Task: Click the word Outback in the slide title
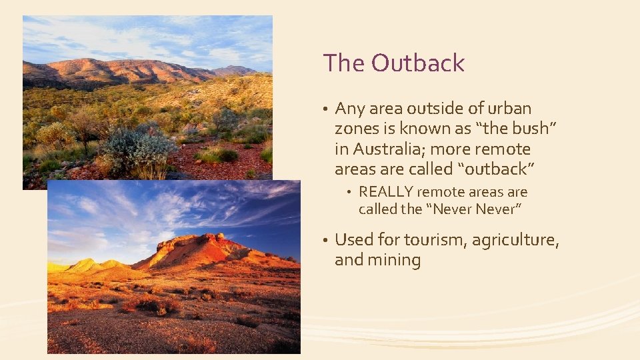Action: pyautogui.click(x=418, y=63)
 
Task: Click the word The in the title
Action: pyautogui.click(x=343, y=63)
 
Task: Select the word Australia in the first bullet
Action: pyautogui.click(x=385, y=149)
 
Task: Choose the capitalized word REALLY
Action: pyautogui.click(x=385, y=192)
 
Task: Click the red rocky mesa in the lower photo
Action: pyautogui.click(x=200, y=248)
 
